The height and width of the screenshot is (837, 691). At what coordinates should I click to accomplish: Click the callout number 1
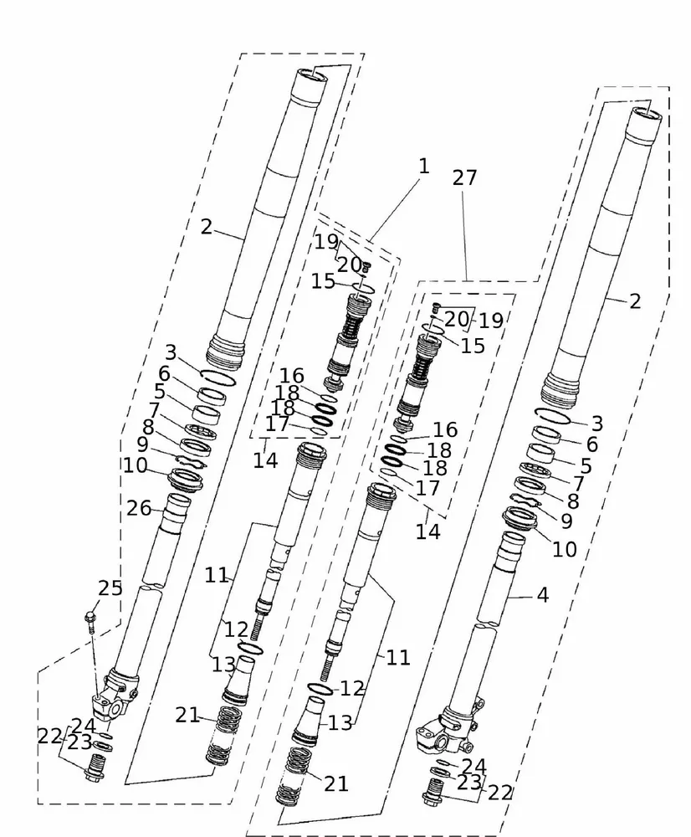[423, 166]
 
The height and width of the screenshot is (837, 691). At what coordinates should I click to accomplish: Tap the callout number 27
[465, 177]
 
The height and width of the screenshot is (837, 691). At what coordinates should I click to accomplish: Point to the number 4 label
[543, 595]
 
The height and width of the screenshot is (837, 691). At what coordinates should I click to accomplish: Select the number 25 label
[110, 588]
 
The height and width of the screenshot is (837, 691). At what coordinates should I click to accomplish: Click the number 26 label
[139, 507]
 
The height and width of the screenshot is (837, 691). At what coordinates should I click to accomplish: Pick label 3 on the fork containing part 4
[596, 423]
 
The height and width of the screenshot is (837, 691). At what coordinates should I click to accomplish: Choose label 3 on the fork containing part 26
[171, 352]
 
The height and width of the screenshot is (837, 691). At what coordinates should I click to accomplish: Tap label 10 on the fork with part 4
[565, 549]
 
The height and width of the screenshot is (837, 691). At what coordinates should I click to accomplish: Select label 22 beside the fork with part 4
[500, 793]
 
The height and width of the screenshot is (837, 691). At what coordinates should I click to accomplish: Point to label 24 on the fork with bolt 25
[84, 726]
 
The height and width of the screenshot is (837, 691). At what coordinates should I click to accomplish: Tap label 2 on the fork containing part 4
[635, 301]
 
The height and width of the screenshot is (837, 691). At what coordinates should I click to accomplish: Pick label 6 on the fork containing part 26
[164, 374]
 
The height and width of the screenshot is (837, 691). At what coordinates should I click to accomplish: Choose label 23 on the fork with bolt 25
[79, 742]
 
